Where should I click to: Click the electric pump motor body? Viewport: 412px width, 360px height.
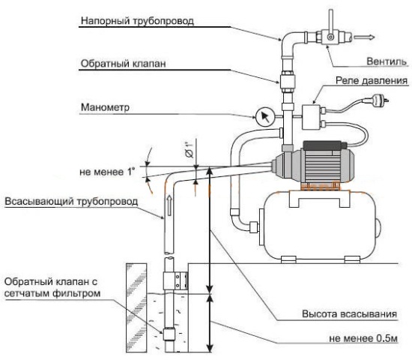click(318, 162)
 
